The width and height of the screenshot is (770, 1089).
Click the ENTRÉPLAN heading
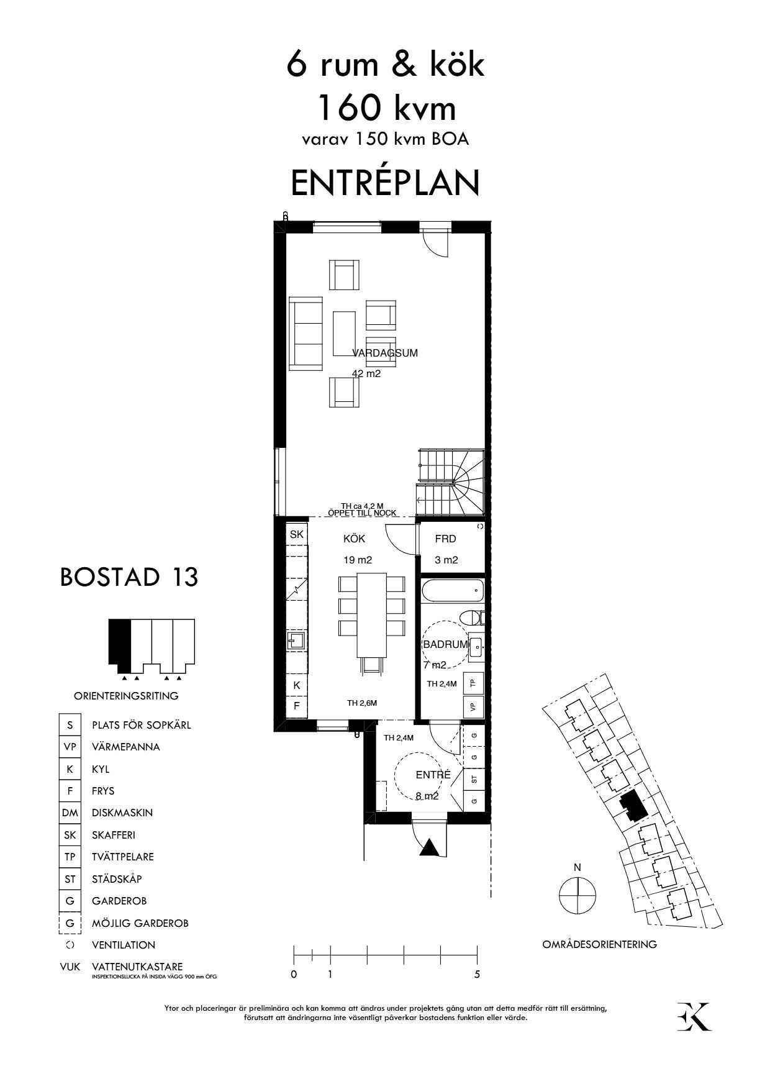385,183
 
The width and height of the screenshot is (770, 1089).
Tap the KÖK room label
354,539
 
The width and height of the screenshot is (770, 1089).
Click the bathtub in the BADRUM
451,591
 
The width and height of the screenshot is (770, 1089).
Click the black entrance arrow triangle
430,847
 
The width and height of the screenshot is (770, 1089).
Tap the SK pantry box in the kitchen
297,534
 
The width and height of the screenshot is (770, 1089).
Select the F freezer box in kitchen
297,706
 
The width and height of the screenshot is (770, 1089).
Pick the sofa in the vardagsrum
307,334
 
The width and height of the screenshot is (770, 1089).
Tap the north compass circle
577,896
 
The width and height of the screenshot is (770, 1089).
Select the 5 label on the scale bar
477,975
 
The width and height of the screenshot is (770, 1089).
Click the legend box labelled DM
70,813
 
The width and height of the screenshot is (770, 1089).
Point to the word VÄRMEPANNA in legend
125,747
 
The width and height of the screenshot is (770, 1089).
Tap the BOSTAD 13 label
129,577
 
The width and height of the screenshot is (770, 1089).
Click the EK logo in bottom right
694,1017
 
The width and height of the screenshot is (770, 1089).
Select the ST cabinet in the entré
474,778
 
